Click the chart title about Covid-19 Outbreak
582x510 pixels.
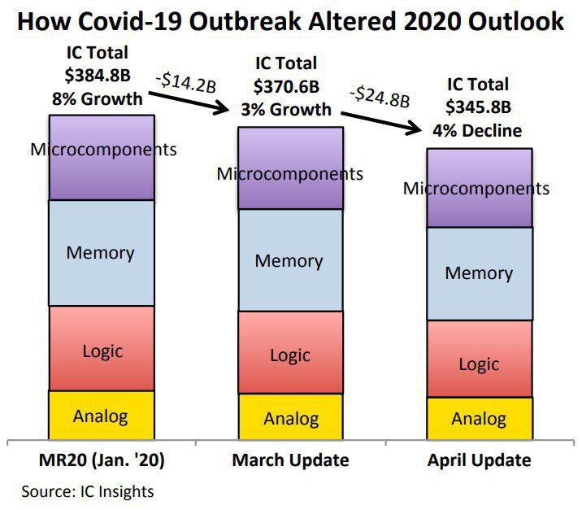(x=290, y=21)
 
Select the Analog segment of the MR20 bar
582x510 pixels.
(x=101, y=416)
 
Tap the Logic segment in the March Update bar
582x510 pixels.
(x=290, y=355)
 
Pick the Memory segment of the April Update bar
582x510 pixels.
(x=480, y=273)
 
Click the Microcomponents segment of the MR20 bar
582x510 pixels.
(x=101, y=157)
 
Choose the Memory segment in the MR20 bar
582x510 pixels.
(x=101, y=252)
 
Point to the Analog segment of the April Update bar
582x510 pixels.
(x=480, y=420)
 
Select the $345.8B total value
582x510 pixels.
(x=478, y=107)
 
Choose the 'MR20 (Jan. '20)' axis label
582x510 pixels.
(x=101, y=460)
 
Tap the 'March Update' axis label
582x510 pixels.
(x=290, y=460)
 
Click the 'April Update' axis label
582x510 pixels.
(x=480, y=460)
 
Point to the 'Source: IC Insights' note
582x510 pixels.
(x=87, y=491)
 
